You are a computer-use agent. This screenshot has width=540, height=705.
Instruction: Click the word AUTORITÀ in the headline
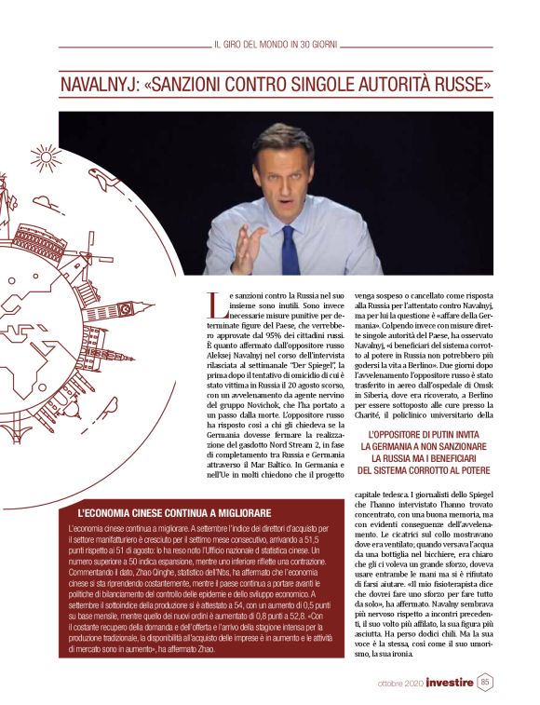tap(385, 85)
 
